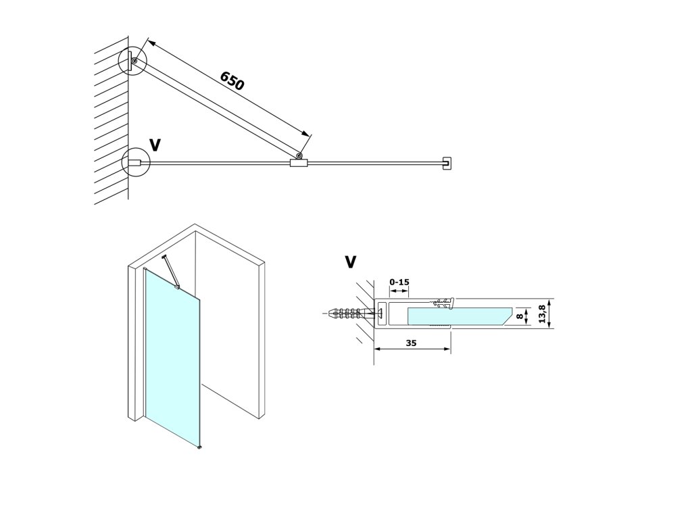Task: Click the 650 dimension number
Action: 232,80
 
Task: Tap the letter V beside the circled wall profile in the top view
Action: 155,145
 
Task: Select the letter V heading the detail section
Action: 350,262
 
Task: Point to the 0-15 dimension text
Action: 399,281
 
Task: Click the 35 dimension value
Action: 412,343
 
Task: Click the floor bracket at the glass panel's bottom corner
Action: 199,447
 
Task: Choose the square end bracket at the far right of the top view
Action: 446,163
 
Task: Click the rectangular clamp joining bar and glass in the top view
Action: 298,163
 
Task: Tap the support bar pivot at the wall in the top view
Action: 134,61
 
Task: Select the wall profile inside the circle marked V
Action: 134,163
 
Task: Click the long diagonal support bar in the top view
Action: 216,109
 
